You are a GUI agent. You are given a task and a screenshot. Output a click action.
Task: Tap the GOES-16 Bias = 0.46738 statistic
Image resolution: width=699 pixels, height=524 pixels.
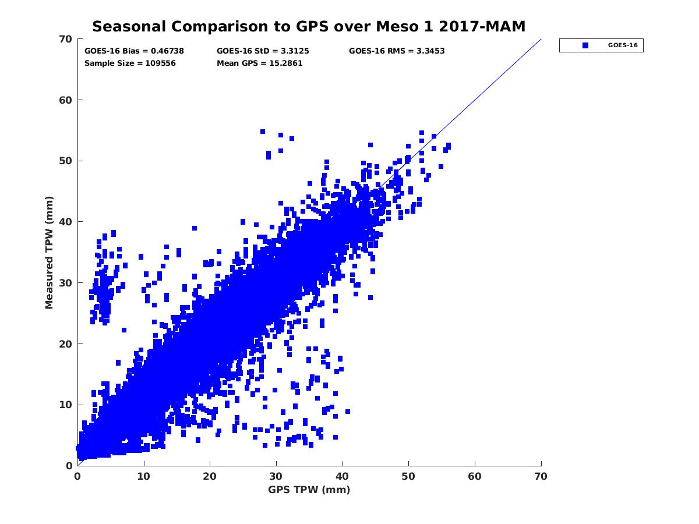point(134,51)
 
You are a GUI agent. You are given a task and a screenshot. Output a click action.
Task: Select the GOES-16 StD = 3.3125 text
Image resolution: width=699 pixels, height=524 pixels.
point(263,51)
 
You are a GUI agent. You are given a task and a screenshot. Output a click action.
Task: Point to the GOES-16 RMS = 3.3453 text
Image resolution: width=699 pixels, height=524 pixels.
point(397,51)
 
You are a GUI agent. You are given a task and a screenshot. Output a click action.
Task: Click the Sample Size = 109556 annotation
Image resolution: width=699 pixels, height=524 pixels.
point(130,63)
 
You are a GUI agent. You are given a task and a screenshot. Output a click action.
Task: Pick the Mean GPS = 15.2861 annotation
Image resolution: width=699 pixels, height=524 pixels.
point(259,63)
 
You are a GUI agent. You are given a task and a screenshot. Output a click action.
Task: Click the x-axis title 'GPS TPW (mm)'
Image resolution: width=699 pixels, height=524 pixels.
point(309,490)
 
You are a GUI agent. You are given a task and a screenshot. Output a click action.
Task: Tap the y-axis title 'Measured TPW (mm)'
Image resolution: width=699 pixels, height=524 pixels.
point(50,252)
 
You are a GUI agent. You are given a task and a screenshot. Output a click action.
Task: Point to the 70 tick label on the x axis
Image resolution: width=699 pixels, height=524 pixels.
point(541,476)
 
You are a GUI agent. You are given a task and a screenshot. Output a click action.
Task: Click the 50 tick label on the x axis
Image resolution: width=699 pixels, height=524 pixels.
point(409,476)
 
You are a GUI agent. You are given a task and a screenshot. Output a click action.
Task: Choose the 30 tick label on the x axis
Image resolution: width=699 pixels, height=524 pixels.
point(276,476)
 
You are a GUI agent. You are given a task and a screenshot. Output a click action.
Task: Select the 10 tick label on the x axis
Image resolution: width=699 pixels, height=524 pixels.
point(144,476)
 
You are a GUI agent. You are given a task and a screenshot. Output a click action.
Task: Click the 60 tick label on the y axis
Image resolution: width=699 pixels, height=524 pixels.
point(66,100)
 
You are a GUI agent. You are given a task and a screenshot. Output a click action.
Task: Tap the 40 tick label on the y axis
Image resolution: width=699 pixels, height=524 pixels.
point(66,222)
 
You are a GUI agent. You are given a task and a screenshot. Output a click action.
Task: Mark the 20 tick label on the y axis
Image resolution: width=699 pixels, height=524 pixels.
point(66,344)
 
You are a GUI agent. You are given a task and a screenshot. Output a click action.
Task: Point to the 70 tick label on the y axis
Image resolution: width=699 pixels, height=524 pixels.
point(66,39)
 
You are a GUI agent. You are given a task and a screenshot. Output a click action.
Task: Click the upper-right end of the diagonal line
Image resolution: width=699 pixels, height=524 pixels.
point(541,40)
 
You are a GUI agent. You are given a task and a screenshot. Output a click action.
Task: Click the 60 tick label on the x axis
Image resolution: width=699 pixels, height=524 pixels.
point(475,476)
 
